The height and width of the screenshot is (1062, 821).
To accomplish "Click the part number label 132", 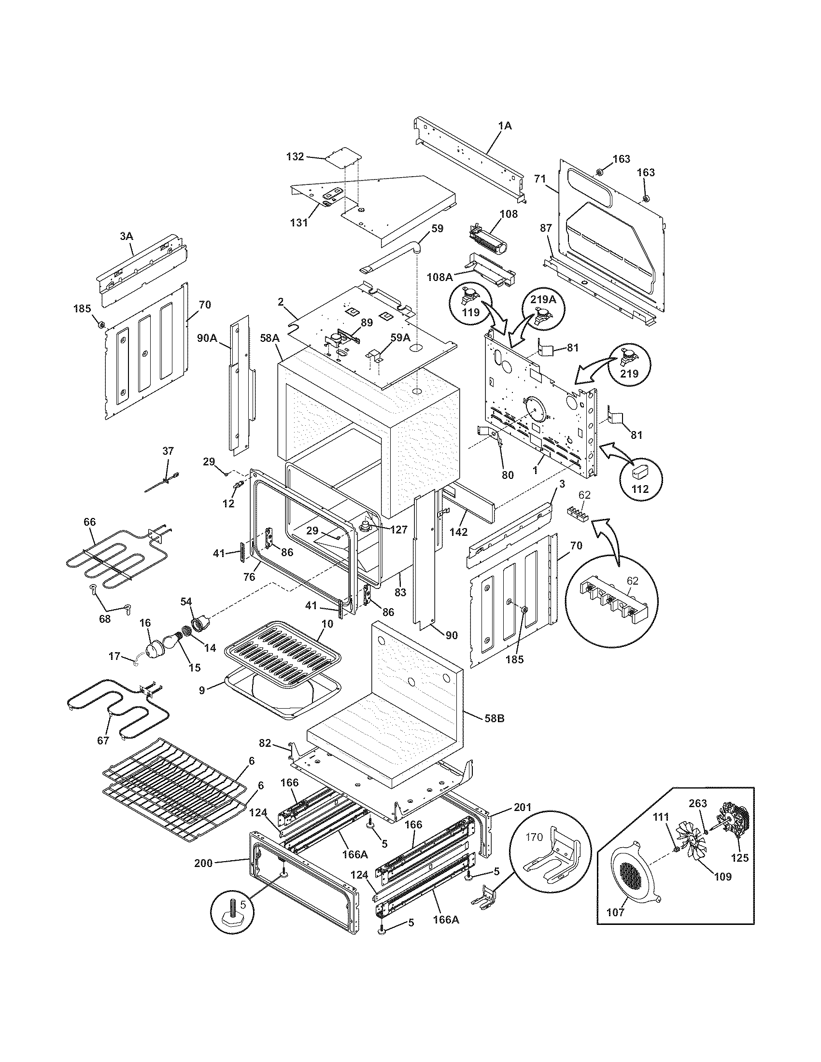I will point(295,156).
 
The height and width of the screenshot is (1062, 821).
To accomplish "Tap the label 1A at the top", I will point(505,126).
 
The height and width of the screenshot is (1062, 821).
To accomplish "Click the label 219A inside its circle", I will point(543,300).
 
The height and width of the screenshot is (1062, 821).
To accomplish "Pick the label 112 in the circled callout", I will point(639,489).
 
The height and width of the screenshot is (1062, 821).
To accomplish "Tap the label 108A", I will point(439,277).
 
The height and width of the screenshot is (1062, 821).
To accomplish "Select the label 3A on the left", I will point(126,236).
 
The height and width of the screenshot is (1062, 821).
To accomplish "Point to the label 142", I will point(458,532).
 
